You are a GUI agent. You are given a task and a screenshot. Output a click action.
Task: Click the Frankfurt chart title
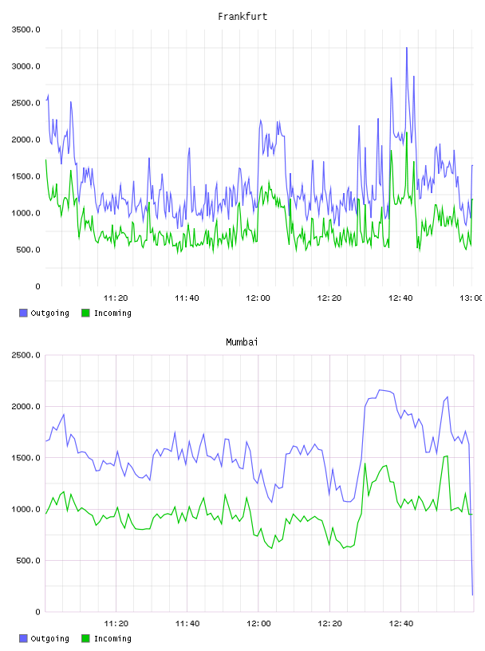[x=242, y=16]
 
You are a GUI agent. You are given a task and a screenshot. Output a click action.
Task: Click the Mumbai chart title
[x=242, y=341]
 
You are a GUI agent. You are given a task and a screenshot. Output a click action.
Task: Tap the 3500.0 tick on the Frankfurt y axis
[x=26, y=30]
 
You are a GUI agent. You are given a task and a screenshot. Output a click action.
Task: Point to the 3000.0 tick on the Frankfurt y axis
[x=26, y=66]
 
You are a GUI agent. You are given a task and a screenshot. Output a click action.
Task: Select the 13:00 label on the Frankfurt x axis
[x=471, y=298]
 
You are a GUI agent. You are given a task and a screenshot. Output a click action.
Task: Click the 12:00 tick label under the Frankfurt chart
[x=258, y=298]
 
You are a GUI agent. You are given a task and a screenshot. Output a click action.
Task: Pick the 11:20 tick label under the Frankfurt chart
[x=116, y=298]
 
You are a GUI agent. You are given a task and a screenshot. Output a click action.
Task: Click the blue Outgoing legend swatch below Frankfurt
[x=23, y=313]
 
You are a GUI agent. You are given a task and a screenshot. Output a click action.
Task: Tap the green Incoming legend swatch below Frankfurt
[x=85, y=313]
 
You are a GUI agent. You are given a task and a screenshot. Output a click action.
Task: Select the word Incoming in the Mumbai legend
[x=112, y=638]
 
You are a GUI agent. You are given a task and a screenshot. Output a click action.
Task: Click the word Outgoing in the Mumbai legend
[x=49, y=638]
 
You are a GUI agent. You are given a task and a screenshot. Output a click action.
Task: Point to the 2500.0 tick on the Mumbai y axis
[x=26, y=355]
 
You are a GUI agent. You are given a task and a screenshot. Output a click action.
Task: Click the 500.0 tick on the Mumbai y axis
[x=28, y=561]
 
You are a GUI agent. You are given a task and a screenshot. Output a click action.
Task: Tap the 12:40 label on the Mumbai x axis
[x=401, y=623]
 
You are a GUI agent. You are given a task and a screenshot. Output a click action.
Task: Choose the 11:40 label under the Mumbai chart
[x=187, y=623]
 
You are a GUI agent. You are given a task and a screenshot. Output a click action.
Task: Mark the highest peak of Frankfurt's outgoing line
[x=407, y=48]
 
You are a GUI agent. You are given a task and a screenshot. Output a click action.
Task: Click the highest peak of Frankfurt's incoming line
[x=407, y=132]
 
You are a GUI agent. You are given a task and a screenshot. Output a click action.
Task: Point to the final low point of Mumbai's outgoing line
[x=472, y=595]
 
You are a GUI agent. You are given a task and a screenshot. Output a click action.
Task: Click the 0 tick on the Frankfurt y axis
[x=37, y=286]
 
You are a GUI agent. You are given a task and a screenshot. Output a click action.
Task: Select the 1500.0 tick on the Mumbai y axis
[x=26, y=458]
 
